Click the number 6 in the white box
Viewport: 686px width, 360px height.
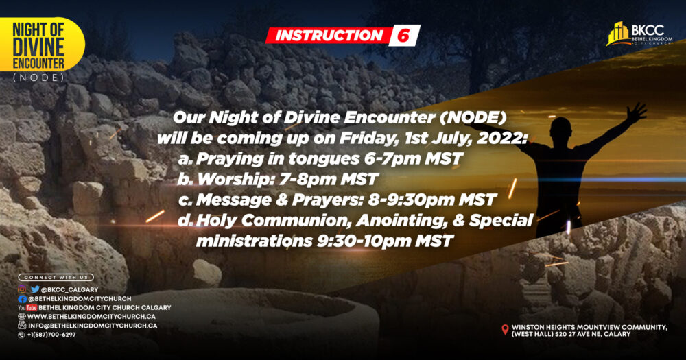[x=403, y=36]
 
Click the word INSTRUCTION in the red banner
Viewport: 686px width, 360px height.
[x=329, y=36]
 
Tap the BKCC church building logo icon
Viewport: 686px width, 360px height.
[x=617, y=34]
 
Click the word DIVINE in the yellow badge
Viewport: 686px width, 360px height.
[x=38, y=48]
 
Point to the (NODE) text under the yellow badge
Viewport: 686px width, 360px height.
[x=38, y=78]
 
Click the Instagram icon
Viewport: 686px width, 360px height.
[x=22, y=289]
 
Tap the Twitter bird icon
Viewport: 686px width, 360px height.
[x=35, y=289]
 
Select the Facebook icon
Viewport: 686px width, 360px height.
[x=23, y=299]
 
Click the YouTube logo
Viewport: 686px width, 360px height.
[x=27, y=307]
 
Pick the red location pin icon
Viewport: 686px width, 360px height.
[x=505, y=329]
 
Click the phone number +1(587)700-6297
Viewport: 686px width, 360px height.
[x=51, y=335]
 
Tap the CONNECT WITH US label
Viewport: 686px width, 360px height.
[x=56, y=277]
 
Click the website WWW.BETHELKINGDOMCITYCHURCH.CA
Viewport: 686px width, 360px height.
[x=91, y=316]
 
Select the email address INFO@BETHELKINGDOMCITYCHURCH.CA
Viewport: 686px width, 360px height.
[x=93, y=326]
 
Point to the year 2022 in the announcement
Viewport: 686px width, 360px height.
[x=502, y=139]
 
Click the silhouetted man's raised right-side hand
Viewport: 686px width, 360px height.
[x=635, y=112]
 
